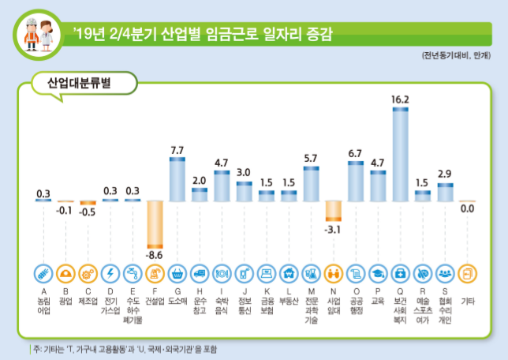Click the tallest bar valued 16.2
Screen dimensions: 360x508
pos(400,154)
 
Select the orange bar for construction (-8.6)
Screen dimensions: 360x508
pos(155,225)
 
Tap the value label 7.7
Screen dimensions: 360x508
pos(177,150)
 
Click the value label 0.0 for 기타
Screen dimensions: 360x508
pos(467,209)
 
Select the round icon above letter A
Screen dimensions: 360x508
pos(44,273)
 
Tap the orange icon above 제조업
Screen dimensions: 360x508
pos(88,273)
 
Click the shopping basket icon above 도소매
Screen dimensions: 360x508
pos(177,273)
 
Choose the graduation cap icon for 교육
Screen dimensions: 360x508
pos(378,273)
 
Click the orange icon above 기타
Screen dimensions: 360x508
pos(467,273)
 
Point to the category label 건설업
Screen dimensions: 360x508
pos(155,301)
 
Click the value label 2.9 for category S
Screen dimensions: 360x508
pos(445,173)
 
